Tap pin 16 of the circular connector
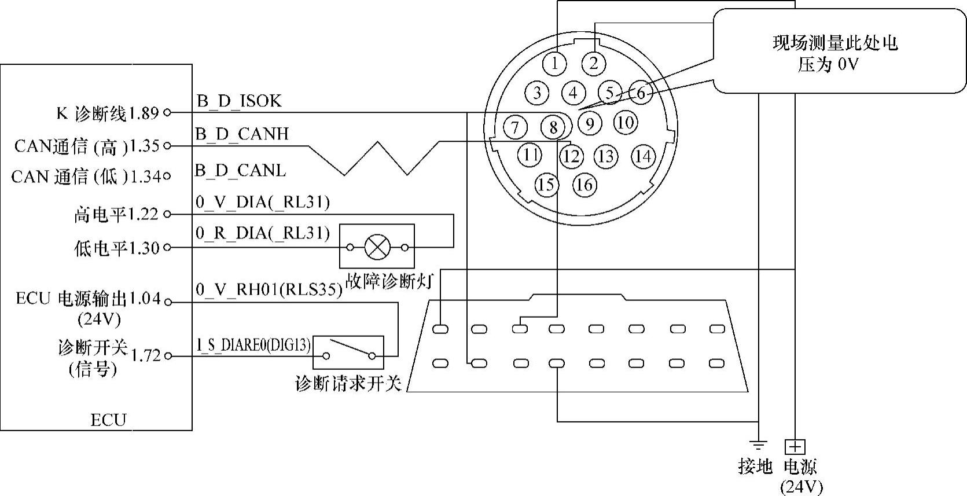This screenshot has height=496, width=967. click(584, 185)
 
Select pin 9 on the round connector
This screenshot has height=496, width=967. click(590, 123)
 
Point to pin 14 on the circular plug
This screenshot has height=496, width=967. click(643, 156)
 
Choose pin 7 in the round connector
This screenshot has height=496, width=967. click(516, 127)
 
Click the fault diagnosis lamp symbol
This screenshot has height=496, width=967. click(377, 248)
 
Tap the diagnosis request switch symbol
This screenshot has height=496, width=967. click(348, 352)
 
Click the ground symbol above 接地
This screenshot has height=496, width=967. click(758, 445)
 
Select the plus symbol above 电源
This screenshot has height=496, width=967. click(795, 447)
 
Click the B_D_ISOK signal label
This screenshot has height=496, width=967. click(239, 101)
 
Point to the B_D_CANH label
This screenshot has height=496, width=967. click(242, 134)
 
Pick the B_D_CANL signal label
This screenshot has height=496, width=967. click(240, 170)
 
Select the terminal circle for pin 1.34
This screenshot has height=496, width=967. click(167, 177)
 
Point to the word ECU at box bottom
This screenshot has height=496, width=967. click(108, 420)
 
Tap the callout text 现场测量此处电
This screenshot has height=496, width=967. click(834, 43)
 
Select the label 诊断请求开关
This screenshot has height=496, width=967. click(348, 383)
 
